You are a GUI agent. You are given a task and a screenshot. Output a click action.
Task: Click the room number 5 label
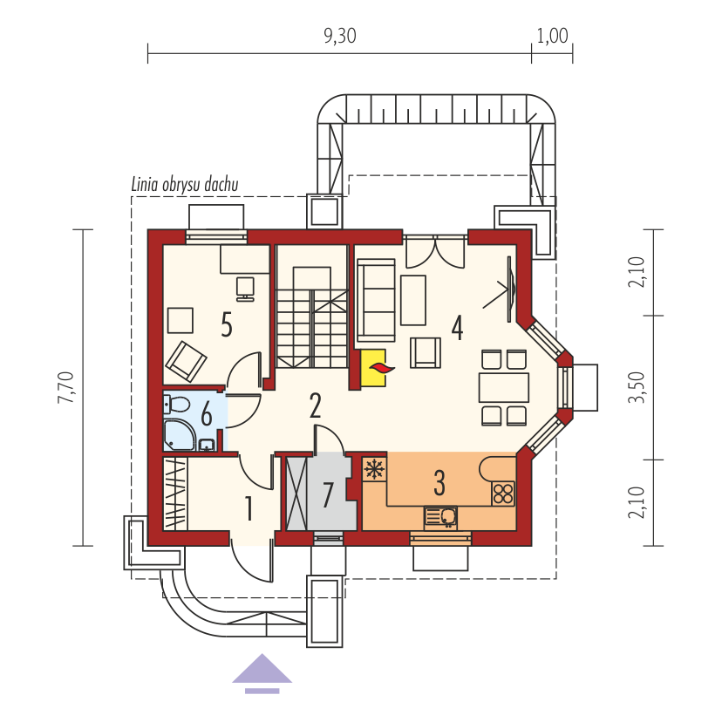pyautogui.click(x=227, y=324)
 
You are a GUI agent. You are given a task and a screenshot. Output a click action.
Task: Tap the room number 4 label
pyautogui.click(x=457, y=328)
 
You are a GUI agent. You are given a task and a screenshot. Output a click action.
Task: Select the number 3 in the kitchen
pyautogui.click(x=439, y=482)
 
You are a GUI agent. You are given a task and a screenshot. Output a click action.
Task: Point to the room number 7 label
pyautogui.click(x=327, y=495)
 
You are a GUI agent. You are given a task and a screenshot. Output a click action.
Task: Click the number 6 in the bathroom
pyautogui.click(x=207, y=413)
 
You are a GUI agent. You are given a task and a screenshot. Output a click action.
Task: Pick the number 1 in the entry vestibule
pyautogui.click(x=249, y=508)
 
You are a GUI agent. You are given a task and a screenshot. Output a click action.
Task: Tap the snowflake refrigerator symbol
pyautogui.click(x=374, y=469)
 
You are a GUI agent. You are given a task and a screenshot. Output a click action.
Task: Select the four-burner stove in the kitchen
pyautogui.click(x=503, y=494)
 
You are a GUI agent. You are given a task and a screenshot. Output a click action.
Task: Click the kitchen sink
pyautogui.click(x=440, y=518)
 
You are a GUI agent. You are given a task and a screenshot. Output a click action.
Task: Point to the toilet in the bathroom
pyautogui.click(x=177, y=405)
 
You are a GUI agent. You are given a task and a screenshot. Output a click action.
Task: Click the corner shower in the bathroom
pyautogui.click(x=179, y=434)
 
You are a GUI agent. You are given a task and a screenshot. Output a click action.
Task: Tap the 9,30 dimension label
pyautogui.click(x=340, y=36)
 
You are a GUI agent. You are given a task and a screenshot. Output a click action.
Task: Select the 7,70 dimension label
pyautogui.click(x=66, y=387)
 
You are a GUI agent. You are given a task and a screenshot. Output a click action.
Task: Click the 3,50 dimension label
pyautogui.click(x=637, y=387)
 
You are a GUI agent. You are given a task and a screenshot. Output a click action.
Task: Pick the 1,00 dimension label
pyautogui.click(x=552, y=36)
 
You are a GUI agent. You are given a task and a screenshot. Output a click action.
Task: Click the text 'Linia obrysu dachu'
pyautogui.click(x=185, y=184)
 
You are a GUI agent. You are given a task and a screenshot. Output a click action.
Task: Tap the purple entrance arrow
pyautogui.click(x=262, y=673)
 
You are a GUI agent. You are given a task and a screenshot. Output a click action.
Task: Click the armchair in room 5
pyautogui.click(x=186, y=362)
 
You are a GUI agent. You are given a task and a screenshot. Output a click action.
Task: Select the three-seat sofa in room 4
pyautogui.click(x=376, y=300)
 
